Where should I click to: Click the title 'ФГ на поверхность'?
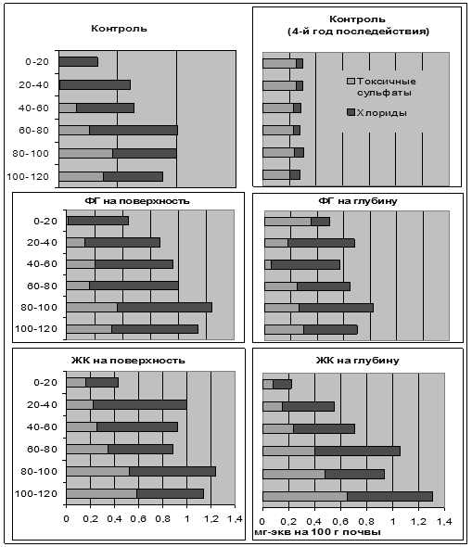(x=137, y=201)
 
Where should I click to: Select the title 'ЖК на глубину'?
(x=358, y=361)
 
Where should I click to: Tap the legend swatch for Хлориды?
(x=351, y=112)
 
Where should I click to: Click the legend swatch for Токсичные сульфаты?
(x=351, y=82)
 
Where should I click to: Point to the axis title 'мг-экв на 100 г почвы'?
(x=318, y=532)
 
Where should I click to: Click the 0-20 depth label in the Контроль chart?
(x=37, y=62)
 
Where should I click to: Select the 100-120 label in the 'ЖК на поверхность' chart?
(x=36, y=493)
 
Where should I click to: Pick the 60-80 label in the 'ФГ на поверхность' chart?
(x=42, y=286)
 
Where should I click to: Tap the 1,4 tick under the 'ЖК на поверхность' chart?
(x=235, y=519)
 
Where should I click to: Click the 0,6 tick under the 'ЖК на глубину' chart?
(x=340, y=522)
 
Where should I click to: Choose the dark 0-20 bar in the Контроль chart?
(x=79, y=62)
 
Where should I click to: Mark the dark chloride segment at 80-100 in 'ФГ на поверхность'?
(x=165, y=307)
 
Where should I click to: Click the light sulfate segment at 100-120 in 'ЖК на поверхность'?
(x=101, y=493)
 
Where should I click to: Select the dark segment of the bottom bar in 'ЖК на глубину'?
(x=390, y=496)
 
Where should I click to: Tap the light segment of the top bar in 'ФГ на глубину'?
(x=287, y=222)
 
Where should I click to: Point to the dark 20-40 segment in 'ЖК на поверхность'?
(x=140, y=404)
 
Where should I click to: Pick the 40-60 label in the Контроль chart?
(x=33, y=108)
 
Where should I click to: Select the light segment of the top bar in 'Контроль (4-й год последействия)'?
(x=279, y=63)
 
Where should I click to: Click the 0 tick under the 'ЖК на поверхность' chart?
(x=66, y=519)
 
